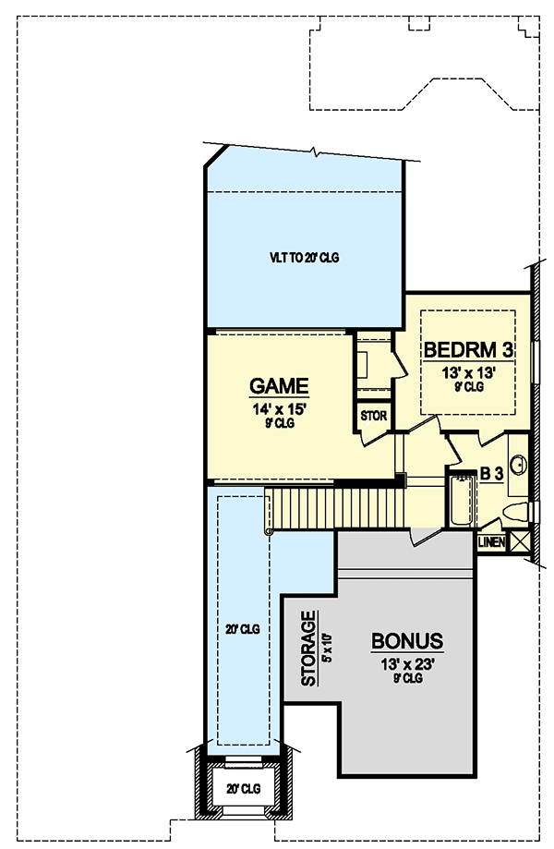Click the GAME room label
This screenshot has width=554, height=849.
tap(279, 386)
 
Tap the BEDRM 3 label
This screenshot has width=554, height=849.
tap(468, 350)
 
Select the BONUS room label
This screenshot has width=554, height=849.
tap(407, 640)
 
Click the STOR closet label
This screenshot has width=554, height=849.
tap(373, 416)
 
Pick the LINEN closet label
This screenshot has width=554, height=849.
tap(491, 541)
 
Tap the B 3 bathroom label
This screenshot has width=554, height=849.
tap(491, 474)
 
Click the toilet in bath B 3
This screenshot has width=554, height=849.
tap(513, 511)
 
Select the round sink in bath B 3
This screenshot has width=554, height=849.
tap(519, 465)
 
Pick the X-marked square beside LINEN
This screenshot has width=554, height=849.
tap(520, 541)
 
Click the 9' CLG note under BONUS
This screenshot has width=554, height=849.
tap(407, 679)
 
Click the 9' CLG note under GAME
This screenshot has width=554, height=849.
tap(279, 424)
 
